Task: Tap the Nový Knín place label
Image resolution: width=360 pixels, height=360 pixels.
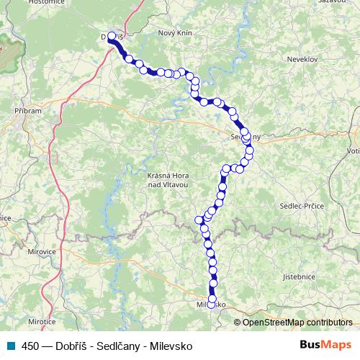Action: click(176, 33)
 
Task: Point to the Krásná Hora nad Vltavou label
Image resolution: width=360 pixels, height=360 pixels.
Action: click(167, 181)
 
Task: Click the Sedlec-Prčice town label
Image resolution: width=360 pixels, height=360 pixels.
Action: click(302, 206)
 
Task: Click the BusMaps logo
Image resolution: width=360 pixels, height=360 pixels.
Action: click(325, 345)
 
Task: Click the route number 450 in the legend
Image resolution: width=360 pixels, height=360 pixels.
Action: click(30, 346)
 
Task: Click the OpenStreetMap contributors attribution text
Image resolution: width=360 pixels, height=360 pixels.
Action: click(297, 322)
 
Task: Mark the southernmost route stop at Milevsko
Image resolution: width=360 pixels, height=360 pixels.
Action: click(212, 300)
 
